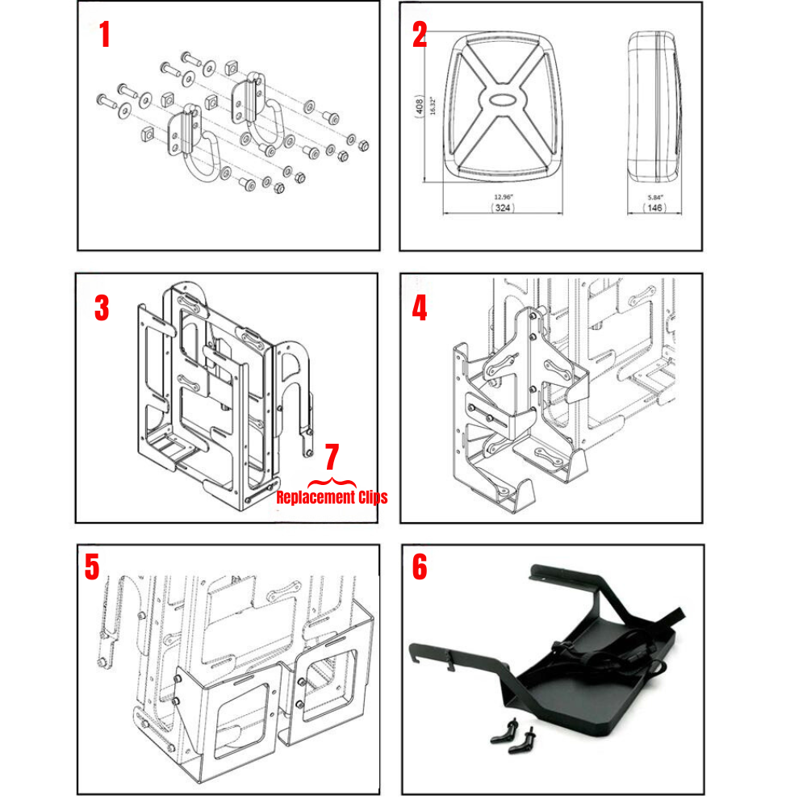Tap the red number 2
click(419, 35)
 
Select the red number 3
click(102, 308)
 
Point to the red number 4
click(420, 308)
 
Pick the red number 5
click(92, 567)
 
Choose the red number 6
click(420, 567)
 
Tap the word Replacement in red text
click(316, 497)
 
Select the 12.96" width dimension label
click(503, 197)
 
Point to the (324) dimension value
click(503, 208)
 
